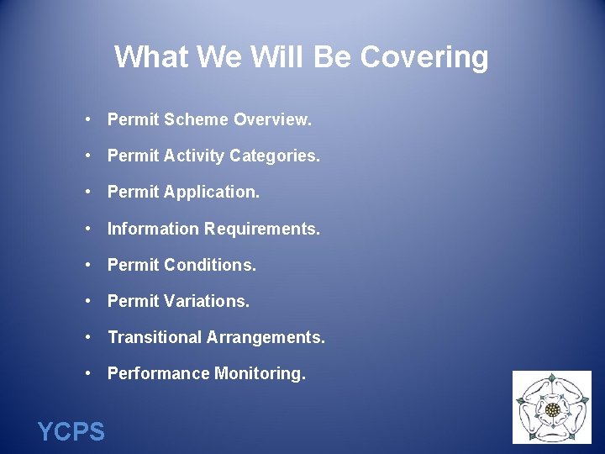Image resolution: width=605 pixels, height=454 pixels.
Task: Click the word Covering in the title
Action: (424, 58)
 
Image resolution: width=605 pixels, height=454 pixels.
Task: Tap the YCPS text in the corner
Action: (71, 432)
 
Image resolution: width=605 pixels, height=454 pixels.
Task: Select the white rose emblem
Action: (552, 408)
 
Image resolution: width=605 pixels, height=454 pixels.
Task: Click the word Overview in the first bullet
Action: (272, 120)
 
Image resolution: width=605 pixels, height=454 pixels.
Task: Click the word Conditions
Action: (210, 265)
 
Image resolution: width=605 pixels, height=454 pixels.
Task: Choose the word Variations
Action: (207, 301)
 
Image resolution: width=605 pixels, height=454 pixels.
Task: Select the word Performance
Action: (159, 373)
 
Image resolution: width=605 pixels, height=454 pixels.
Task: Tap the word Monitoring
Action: (260, 373)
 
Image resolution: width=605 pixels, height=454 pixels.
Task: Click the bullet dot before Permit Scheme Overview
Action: (88, 120)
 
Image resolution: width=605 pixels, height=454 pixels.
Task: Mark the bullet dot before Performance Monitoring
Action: (88, 373)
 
